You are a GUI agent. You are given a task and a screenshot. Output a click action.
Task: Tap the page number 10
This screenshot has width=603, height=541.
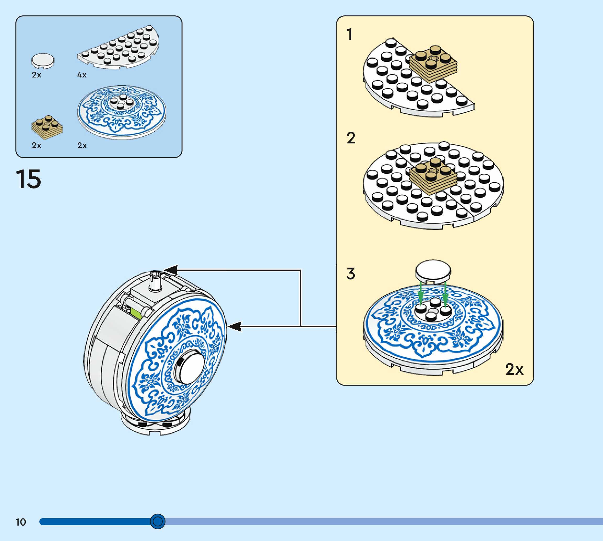(x=21, y=522)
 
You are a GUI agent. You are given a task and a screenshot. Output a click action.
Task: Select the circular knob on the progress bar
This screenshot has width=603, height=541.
(x=158, y=521)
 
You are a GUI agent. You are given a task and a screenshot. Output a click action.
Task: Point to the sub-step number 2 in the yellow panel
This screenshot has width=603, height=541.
(x=351, y=138)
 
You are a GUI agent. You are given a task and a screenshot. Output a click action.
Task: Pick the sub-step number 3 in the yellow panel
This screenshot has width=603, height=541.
(x=351, y=274)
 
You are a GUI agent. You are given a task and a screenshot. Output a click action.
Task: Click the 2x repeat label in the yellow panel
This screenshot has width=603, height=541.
(x=515, y=369)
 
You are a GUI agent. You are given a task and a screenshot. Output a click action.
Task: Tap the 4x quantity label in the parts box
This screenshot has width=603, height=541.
(x=82, y=75)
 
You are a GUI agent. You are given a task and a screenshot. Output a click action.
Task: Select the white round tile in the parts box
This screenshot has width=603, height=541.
(x=43, y=61)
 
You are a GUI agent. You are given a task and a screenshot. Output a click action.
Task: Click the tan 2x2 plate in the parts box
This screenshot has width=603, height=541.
(x=47, y=127)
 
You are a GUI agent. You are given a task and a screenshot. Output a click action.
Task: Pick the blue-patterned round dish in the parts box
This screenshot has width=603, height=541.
(x=121, y=112)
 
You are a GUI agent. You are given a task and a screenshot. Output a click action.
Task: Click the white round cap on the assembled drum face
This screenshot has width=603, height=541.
(x=190, y=366)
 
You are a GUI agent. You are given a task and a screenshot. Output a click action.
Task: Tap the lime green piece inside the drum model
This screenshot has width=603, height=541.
(x=136, y=313)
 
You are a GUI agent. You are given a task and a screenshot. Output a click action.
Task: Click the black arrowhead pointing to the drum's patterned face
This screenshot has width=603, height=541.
(x=234, y=326)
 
